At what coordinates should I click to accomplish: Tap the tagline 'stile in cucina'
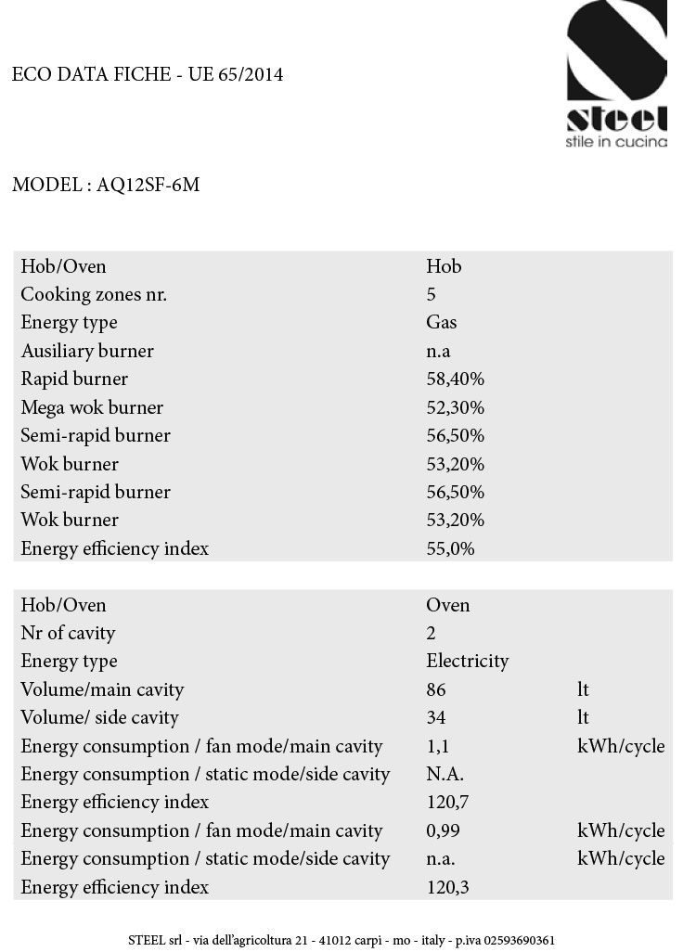tap(616, 142)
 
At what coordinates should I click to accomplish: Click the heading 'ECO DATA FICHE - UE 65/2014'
tap(148, 75)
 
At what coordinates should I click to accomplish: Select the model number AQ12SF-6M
tap(148, 185)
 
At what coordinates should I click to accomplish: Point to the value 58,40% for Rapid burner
tap(455, 380)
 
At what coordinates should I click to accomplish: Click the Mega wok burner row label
tap(92, 407)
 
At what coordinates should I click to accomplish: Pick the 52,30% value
tap(455, 407)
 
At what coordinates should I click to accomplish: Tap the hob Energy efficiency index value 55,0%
tap(450, 548)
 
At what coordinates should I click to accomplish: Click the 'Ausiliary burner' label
tap(87, 351)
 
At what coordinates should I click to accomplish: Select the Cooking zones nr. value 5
tap(432, 295)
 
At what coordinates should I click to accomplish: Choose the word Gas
tap(442, 323)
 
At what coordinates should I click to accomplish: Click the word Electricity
tap(468, 661)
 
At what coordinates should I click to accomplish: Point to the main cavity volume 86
tap(436, 689)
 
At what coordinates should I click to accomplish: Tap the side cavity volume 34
tap(436, 717)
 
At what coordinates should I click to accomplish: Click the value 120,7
tap(447, 802)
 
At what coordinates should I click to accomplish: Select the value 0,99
tap(444, 830)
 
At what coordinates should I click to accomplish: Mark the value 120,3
tap(447, 887)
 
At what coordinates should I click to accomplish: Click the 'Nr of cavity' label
tap(68, 633)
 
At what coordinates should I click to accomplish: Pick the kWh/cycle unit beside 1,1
tap(621, 746)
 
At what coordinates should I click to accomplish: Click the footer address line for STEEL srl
tap(342, 940)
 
